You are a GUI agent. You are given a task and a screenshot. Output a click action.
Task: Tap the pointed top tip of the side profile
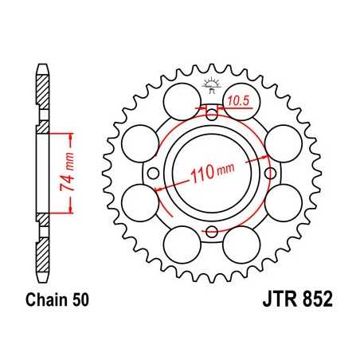[x=40, y=63]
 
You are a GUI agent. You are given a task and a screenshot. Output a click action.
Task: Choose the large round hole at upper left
[x=180, y=101]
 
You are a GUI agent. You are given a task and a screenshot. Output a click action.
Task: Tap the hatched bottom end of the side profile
[x=40, y=259]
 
